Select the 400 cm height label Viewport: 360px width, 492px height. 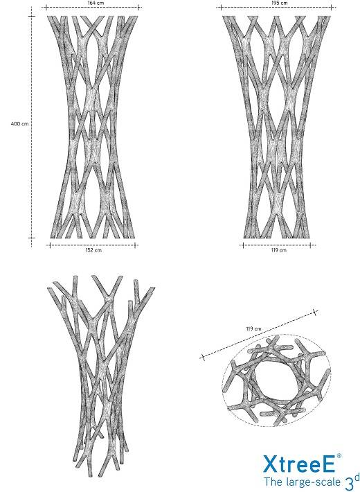(x=19, y=123)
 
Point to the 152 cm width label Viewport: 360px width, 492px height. (x=93, y=250)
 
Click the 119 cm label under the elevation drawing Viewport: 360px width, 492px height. (x=279, y=250)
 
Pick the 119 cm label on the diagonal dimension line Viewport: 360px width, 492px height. (x=253, y=329)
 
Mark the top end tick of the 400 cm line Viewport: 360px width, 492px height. (x=31, y=16)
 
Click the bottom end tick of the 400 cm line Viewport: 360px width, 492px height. (x=31, y=238)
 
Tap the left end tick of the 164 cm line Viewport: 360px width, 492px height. (x=46, y=7)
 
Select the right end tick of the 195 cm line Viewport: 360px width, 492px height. (x=332, y=7)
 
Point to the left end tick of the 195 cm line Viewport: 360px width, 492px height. (x=221, y=7)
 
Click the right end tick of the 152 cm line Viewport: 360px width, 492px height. (x=136, y=245)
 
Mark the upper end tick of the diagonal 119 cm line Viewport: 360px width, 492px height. (x=316, y=313)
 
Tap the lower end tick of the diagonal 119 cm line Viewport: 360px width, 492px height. (x=203, y=357)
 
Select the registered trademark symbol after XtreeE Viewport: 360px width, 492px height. (x=339, y=456)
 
